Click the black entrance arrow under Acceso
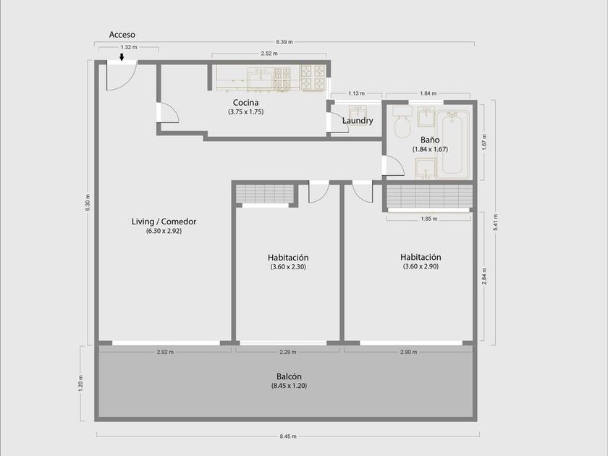[122, 57]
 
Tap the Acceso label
[122, 35]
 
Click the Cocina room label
[246, 102]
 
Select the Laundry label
[358, 121]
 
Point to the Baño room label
[430, 140]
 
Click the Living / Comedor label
[164, 221]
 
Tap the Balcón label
[289, 376]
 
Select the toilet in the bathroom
[402, 121]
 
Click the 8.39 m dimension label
[284, 42]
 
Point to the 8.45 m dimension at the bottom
[288, 436]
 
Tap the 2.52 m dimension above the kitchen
[269, 54]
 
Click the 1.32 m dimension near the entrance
[129, 47]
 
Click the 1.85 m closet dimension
[429, 219]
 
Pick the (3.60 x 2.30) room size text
[288, 267]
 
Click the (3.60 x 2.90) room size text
[421, 266]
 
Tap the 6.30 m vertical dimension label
[88, 203]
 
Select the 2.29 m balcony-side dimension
[288, 352]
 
